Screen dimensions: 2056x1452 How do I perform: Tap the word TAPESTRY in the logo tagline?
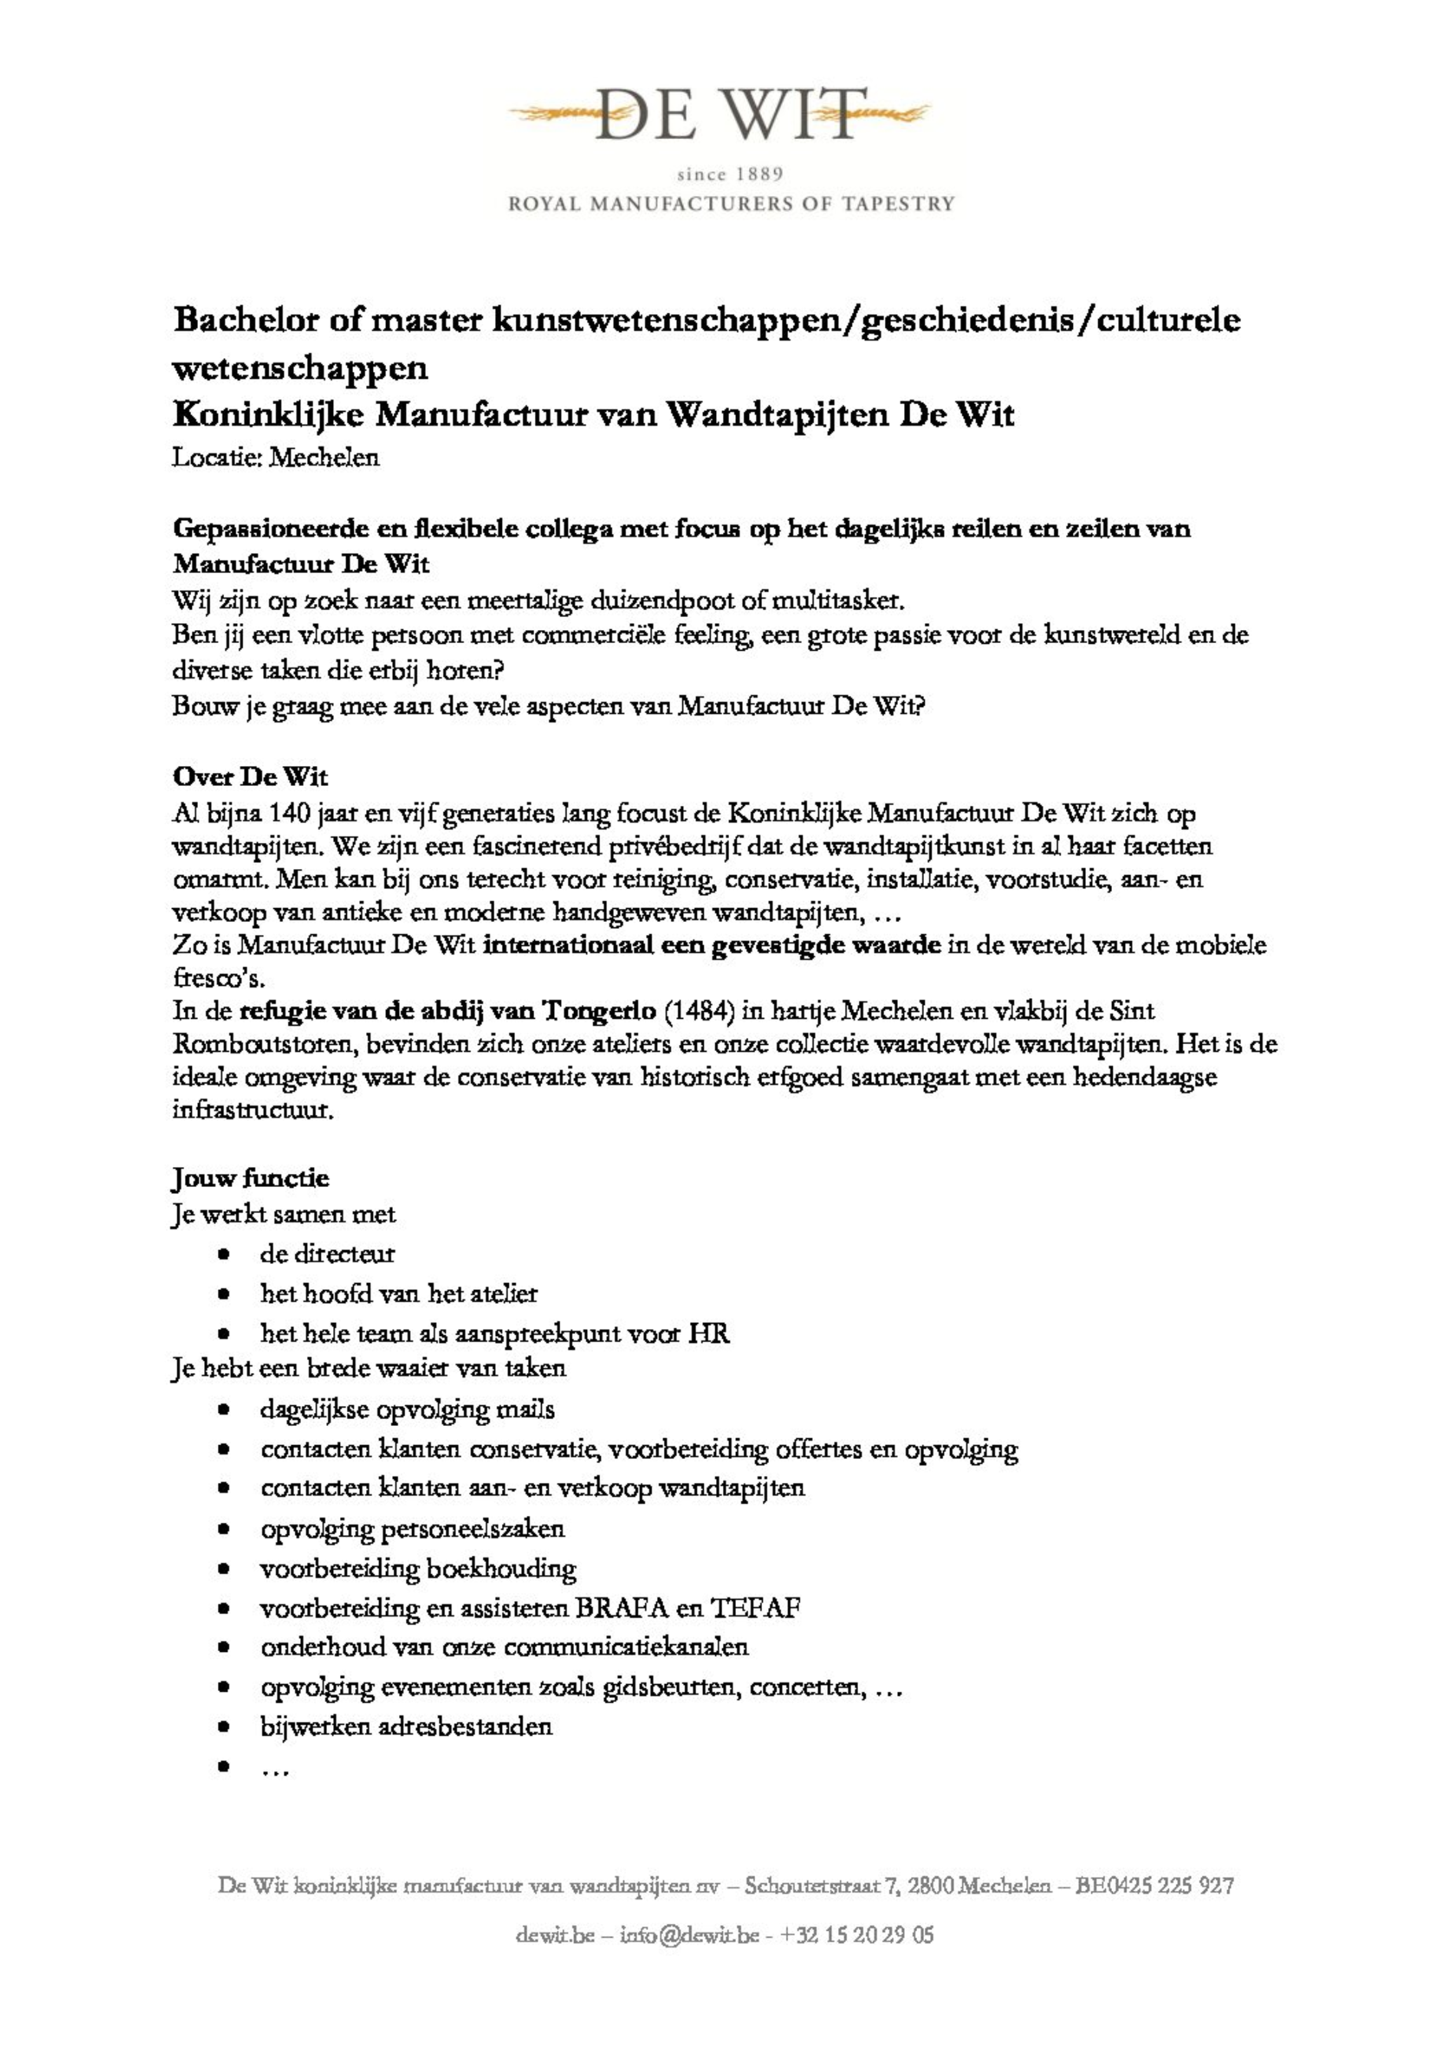898,203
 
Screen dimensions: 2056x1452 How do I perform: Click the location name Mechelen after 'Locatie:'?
324,458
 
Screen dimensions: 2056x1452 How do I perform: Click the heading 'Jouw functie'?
251,1178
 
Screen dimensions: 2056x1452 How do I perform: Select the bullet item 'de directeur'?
326,1254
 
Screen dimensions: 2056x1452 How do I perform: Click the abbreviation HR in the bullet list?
708,1333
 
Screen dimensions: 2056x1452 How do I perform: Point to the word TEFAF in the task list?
755,1609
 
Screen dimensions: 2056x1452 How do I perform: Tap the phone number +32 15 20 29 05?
857,1935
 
